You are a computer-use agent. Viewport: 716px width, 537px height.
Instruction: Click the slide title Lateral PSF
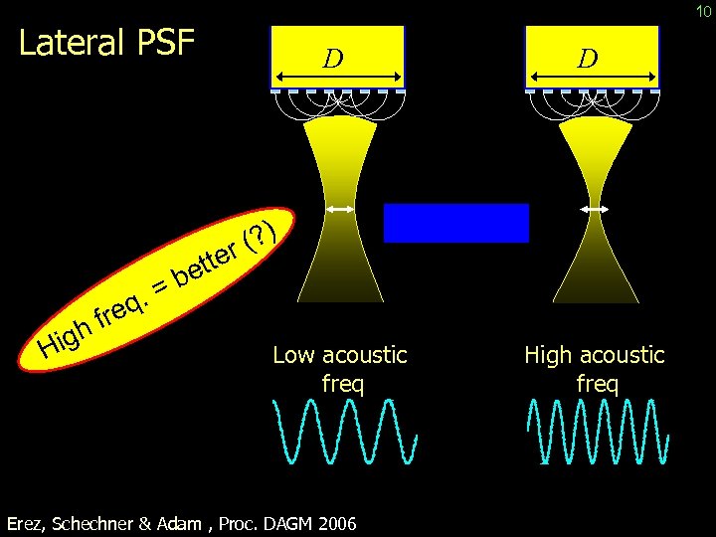tap(107, 44)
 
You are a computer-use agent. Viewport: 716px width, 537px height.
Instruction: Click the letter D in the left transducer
tap(334, 59)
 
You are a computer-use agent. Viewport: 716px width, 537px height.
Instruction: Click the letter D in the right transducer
tap(589, 59)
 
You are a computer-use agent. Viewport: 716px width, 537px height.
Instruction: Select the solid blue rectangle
tap(456, 223)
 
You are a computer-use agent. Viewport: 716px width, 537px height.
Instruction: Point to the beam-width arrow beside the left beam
tap(341, 209)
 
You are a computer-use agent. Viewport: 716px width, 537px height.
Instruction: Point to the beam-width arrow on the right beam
tap(596, 209)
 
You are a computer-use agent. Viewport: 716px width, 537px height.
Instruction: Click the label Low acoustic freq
tap(339, 368)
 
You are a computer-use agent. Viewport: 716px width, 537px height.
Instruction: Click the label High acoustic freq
tap(595, 368)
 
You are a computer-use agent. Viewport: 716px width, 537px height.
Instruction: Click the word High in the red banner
tap(62, 337)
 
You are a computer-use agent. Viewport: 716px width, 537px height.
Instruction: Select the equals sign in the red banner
tap(159, 287)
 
